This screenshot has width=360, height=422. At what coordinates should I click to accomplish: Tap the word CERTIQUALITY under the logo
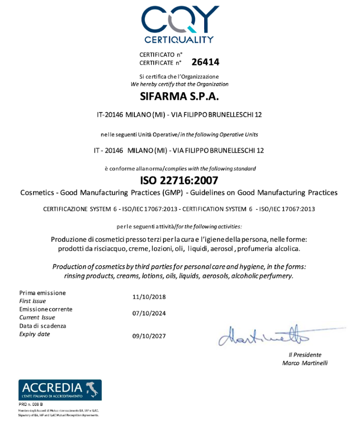pyautogui.click(x=179, y=39)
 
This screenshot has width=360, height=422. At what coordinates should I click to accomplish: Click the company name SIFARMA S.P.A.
pyautogui.click(x=179, y=96)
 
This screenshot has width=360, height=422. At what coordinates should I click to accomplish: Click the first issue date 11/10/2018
pyautogui.click(x=149, y=297)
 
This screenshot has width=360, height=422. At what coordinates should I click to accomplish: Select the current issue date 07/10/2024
pyautogui.click(x=149, y=313)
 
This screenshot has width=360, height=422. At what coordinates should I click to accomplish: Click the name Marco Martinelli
pyautogui.click(x=304, y=363)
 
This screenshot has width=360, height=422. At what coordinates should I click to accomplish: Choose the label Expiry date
pyautogui.click(x=35, y=334)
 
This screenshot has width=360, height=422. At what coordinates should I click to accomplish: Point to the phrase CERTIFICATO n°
pyautogui.click(x=161, y=55)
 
